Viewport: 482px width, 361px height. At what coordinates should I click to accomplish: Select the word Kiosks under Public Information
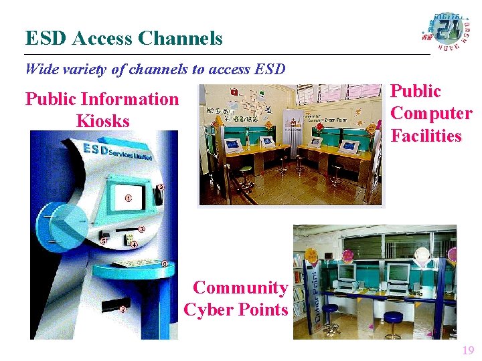coord(102,122)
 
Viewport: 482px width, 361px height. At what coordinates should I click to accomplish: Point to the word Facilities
coord(426,136)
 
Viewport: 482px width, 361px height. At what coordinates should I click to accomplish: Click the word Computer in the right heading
coord(431,114)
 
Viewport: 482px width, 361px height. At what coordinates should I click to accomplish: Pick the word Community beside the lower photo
coord(240,288)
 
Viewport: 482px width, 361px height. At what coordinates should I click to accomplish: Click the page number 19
coord(467,350)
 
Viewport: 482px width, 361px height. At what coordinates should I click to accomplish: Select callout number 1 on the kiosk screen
coord(128,199)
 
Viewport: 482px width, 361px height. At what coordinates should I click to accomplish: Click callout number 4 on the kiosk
coord(134,245)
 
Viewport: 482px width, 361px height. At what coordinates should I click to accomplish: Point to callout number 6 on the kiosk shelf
coord(164,263)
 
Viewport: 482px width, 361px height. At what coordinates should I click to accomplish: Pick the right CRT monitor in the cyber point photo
coord(398,273)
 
